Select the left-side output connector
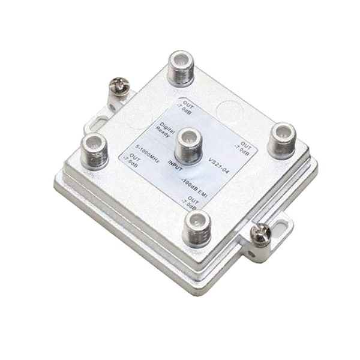point(95,150)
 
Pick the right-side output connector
point(281,140)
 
